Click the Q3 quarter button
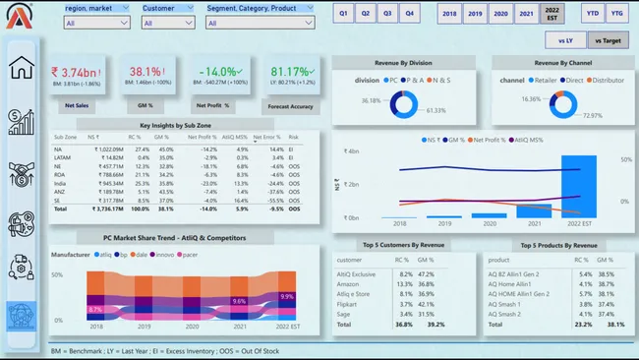coord(387,14)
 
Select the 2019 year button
coord(475,14)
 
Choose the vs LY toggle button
coord(566,40)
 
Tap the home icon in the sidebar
coord(22,67)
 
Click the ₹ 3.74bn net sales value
coord(76,72)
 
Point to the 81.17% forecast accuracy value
coord(290,72)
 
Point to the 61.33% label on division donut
coord(436,111)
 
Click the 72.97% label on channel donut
coord(592,116)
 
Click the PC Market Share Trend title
coord(174,237)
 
